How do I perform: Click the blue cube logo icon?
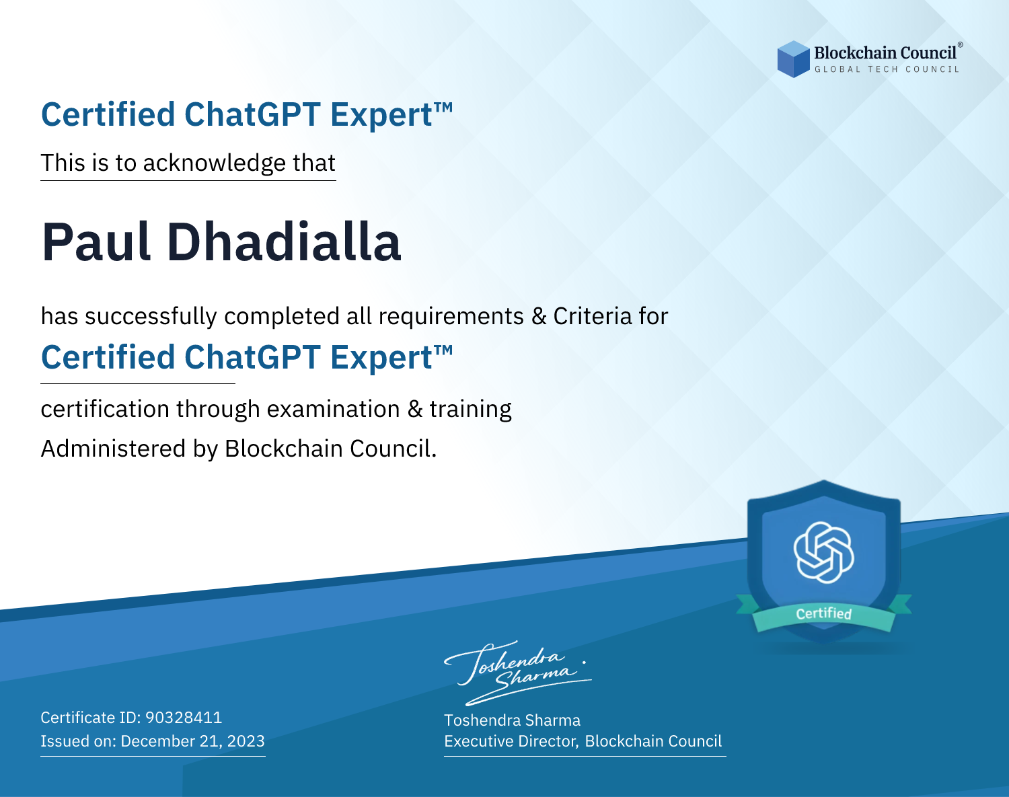[x=793, y=59]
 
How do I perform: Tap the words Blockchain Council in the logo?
[x=885, y=53]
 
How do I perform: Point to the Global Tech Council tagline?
[x=887, y=69]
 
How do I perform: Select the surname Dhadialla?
[x=284, y=241]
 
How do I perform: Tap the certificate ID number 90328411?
[x=184, y=717]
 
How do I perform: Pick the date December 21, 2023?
[x=192, y=741]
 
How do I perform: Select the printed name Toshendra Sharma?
[x=512, y=720]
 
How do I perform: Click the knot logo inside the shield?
[x=824, y=552]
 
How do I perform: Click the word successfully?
[x=151, y=317]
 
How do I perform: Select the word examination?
[x=333, y=409]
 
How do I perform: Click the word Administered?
[x=114, y=449]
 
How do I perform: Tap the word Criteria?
[x=592, y=316]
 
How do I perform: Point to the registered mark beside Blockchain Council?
[x=960, y=45]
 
